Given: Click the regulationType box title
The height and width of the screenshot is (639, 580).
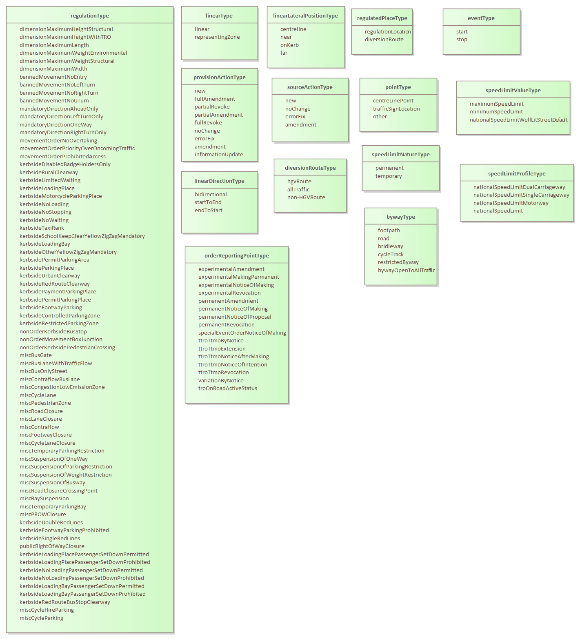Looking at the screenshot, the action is coord(90,16).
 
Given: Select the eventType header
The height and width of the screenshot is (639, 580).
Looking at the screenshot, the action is coord(481,18).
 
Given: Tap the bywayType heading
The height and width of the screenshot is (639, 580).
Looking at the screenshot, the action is coord(401,217).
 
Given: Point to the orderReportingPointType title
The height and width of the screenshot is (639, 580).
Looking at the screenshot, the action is coord(237,256).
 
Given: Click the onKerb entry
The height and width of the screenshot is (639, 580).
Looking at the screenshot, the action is coord(289,45).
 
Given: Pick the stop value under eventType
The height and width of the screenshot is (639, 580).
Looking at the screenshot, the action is coord(462,40).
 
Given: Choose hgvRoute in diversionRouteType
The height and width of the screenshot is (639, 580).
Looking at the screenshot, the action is coord(299,182).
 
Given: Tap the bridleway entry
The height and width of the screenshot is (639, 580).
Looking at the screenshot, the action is coord(390,246).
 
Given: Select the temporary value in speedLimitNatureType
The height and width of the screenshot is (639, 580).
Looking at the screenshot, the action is coord(389,176).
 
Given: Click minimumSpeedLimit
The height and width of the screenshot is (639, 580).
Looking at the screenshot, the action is coord(496,112).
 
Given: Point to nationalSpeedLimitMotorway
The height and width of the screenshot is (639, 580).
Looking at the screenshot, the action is coord(511,203).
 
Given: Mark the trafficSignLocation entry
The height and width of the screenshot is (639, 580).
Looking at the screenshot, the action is coord(396,109).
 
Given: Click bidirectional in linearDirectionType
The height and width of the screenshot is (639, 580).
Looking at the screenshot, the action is coord(211,195).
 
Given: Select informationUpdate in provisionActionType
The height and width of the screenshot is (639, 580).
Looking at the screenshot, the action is coord(219,155).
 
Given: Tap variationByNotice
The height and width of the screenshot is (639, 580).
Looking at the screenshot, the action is coord(221,381).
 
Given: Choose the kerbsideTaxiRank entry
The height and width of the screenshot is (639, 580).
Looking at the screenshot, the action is coord(42,228).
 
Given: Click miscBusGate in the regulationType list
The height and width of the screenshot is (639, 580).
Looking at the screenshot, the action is coord(36,355).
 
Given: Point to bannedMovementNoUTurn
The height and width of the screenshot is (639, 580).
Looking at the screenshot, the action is coord(54,101).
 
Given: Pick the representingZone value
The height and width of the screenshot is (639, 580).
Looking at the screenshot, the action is coord(217,37).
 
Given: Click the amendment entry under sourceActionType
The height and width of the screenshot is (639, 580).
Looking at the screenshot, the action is coord(300,125).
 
